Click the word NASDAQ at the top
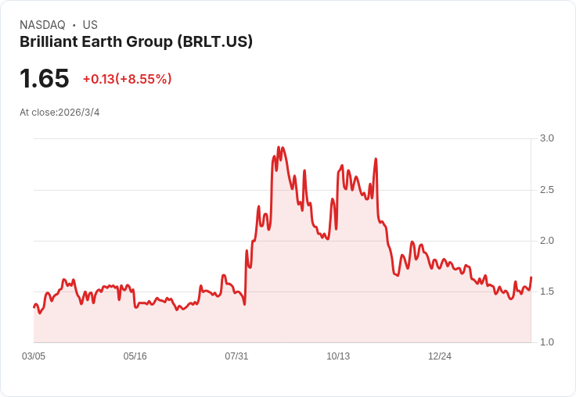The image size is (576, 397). (42, 25)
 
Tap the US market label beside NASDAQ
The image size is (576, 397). (90, 25)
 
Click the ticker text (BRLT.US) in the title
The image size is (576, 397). (215, 42)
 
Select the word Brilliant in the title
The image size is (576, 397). (49, 42)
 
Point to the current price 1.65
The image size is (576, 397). (45, 79)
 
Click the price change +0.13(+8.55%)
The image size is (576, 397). (127, 79)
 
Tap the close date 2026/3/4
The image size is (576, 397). (79, 113)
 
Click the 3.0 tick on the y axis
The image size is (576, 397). (547, 138)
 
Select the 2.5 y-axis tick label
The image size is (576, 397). (547, 190)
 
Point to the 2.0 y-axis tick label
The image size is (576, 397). (547, 241)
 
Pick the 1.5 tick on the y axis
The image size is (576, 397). (547, 291)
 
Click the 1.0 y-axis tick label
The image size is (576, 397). (547, 342)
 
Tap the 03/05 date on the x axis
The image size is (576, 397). (34, 356)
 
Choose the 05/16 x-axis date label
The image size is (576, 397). (135, 356)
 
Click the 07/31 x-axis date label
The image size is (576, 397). (237, 356)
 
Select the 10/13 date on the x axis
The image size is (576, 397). (338, 356)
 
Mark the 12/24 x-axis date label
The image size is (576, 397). (440, 356)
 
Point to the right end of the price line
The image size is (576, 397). (531, 277)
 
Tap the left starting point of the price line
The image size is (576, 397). (34, 307)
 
